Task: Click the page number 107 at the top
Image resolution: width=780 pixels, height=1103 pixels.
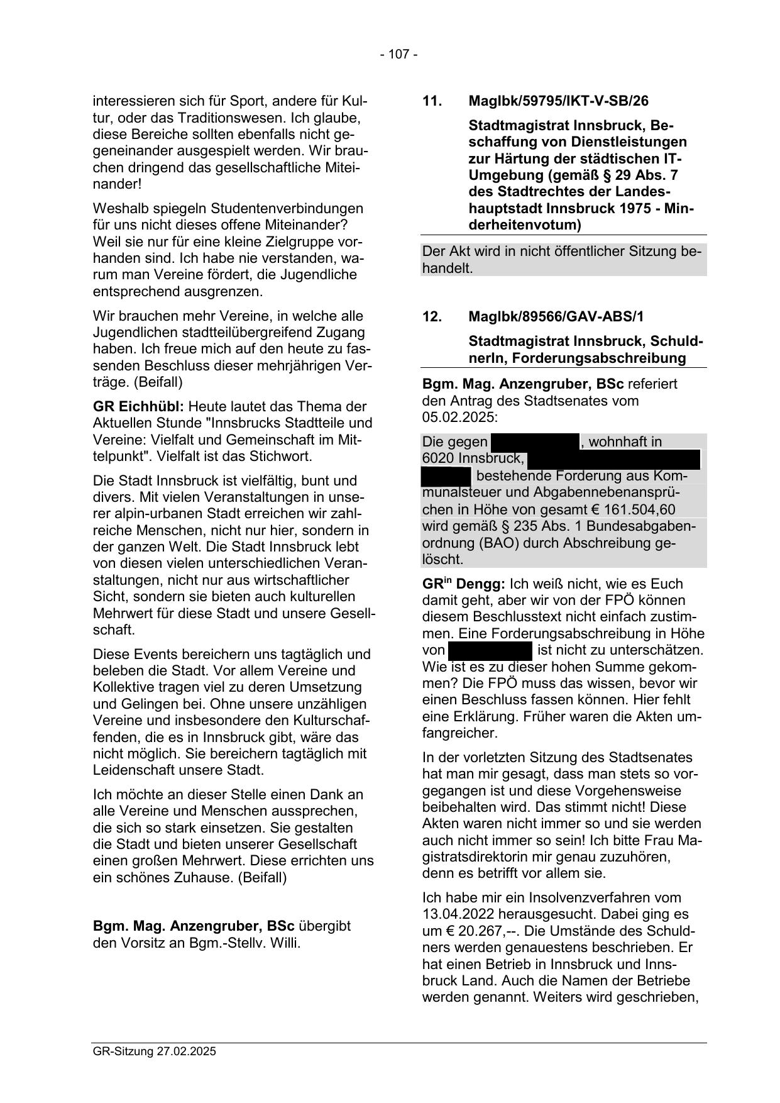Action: (x=398, y=55)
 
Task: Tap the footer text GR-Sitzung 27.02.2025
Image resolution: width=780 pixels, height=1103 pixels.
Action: (x=154, y=1051)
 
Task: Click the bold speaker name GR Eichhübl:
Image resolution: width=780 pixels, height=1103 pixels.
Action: (x=138, y=406)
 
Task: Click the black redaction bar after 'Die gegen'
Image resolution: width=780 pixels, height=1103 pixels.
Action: (x=534, y=442)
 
